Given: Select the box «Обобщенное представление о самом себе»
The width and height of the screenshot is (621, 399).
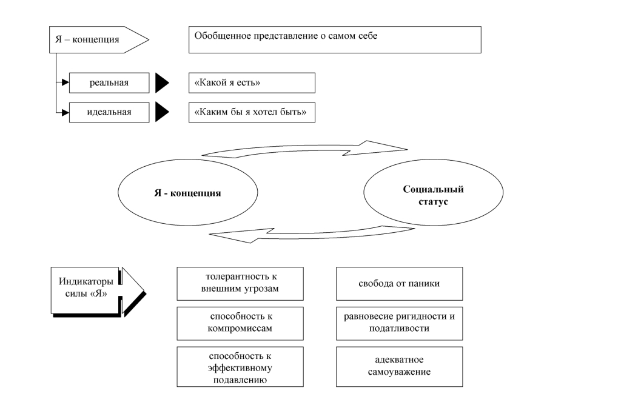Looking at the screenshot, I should tap(335, 41).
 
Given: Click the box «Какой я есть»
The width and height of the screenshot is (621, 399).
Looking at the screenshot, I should tap(252, 82).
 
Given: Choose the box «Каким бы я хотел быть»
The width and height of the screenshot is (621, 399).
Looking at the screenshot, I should tap(252, 112).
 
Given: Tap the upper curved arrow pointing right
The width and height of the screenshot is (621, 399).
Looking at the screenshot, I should tap(303, 149).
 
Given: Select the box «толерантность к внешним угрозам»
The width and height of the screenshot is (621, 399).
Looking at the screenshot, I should tap(240, 283).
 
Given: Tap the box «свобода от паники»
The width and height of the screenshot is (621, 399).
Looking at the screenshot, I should tap(399, 283).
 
